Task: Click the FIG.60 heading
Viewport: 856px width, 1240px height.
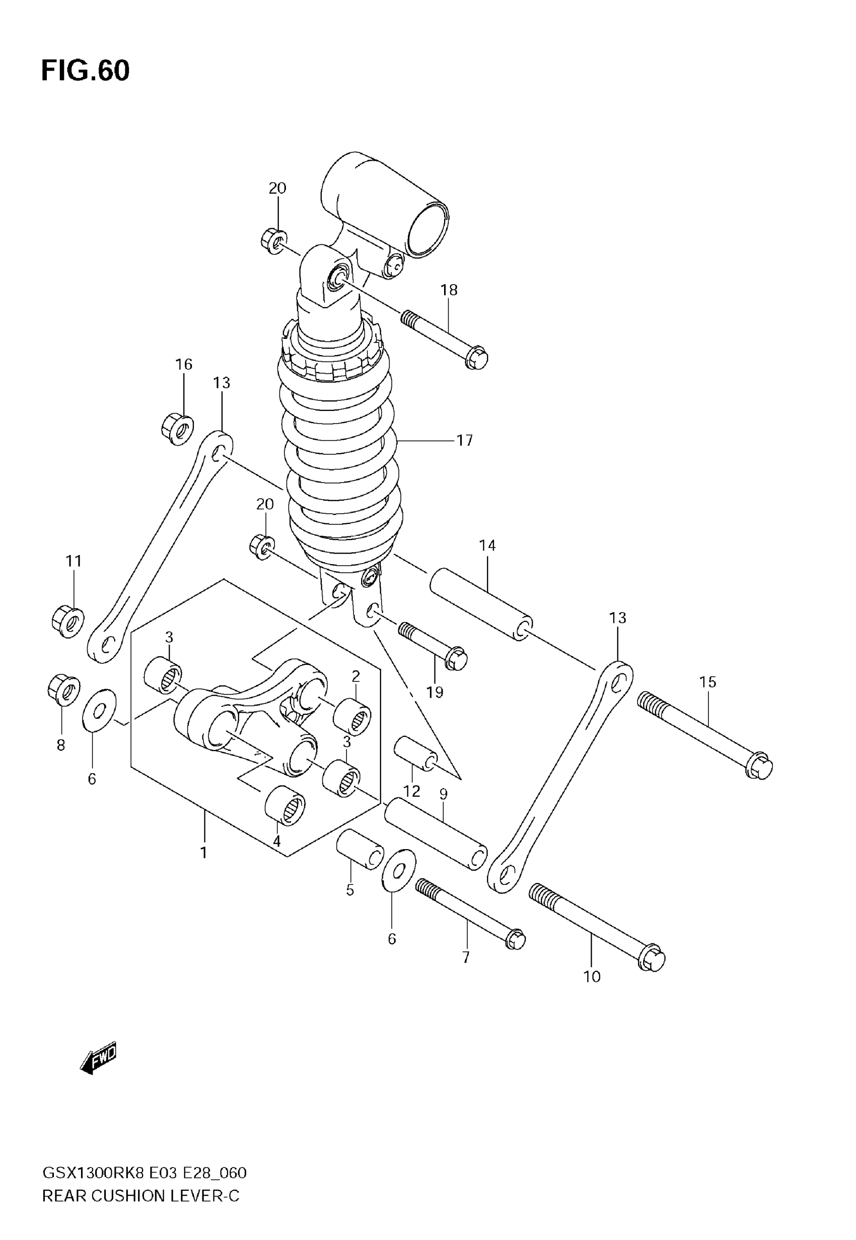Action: tap(85, 71)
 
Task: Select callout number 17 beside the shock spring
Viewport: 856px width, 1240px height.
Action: tap(464, 440)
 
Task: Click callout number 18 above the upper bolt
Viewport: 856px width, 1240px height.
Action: tap(449, 290)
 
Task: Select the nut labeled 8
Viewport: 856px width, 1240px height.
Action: tap(63, 690)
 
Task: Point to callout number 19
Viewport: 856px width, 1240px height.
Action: tap(435, 693)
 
